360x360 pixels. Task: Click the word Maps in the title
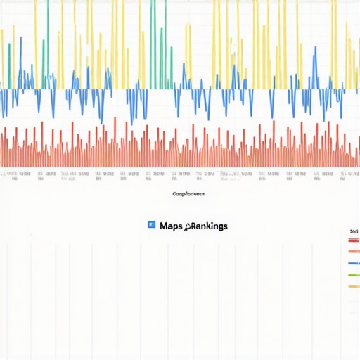point(171,226)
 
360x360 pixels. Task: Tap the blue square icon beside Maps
point(151,225)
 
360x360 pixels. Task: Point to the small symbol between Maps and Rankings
point(187,226)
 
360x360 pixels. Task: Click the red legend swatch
point(354,240)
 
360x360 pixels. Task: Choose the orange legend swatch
point(354,251)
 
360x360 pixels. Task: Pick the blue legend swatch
point(354,263)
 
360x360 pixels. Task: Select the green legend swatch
point(354,275)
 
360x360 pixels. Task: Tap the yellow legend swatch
point(354,286)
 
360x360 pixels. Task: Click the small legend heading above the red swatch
point(354,231)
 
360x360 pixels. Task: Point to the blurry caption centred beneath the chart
point(188,194)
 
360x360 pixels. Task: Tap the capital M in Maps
point(163,226)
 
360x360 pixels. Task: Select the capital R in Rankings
point(194,226)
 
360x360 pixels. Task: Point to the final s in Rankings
point(225,226)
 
